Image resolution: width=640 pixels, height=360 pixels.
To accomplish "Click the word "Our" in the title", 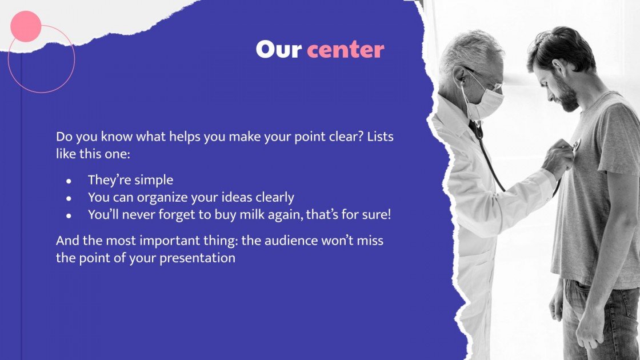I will [278, 50].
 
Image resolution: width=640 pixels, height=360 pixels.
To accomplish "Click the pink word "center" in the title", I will [345, 50].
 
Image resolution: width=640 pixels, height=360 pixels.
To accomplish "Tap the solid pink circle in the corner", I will [26, 26].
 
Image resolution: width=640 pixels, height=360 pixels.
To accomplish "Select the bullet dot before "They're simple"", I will [69, 181].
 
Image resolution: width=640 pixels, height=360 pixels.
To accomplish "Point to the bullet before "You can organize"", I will [69, 198].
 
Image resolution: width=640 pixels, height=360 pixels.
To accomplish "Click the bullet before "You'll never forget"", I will [69, 216].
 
